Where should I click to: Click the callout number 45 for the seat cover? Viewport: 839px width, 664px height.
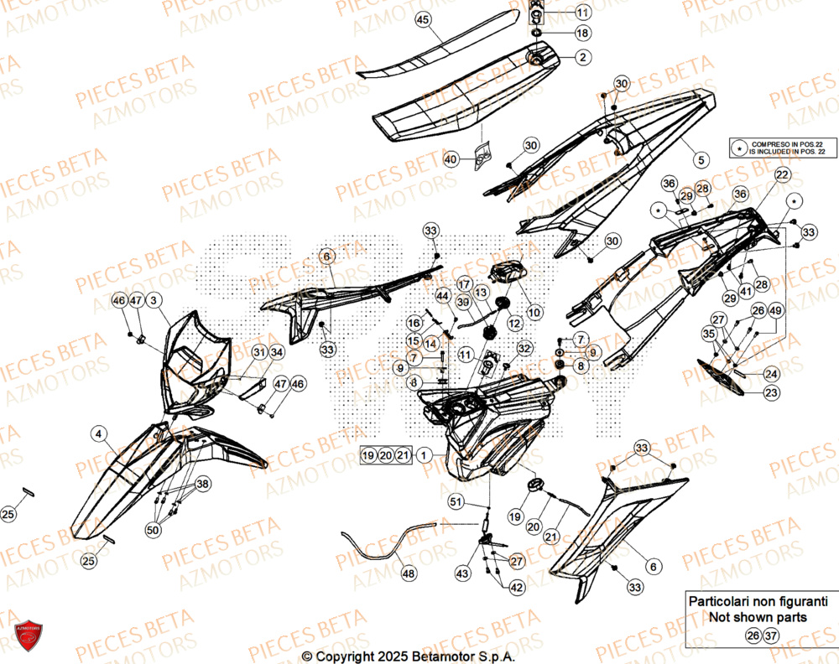[422, 19]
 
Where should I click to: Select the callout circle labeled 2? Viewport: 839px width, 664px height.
[581, 58]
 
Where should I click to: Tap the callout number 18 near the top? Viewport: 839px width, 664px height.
[581, 34]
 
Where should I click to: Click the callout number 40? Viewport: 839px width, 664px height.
[451, 159]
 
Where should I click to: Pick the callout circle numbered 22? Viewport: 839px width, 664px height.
[782, 174]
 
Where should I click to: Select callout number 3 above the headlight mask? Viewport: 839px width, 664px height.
[155, 300]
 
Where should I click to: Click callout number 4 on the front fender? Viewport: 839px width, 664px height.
[100, 434]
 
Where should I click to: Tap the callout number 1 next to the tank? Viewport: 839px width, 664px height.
[425, 455]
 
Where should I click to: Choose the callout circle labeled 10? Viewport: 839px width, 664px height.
[534, 311]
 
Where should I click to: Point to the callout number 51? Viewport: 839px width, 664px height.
[456, 502]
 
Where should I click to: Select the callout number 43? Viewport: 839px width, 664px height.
[462, 573]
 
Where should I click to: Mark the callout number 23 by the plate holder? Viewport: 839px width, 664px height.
[770, 392]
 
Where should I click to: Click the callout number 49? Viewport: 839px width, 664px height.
[776, 311]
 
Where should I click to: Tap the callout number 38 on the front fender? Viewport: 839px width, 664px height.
[202, 485]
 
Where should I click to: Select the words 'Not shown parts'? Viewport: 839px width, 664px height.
[758, 617]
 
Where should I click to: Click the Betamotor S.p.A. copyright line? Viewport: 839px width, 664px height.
[408, 655]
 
